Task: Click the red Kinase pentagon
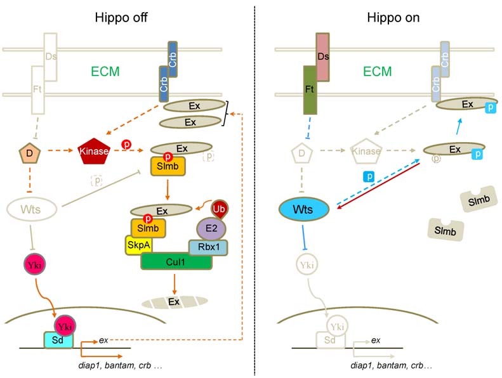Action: click(x=94, y=152)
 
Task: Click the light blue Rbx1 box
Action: click(x=208, y=247)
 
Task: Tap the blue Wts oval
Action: click(x=304, y=209)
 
